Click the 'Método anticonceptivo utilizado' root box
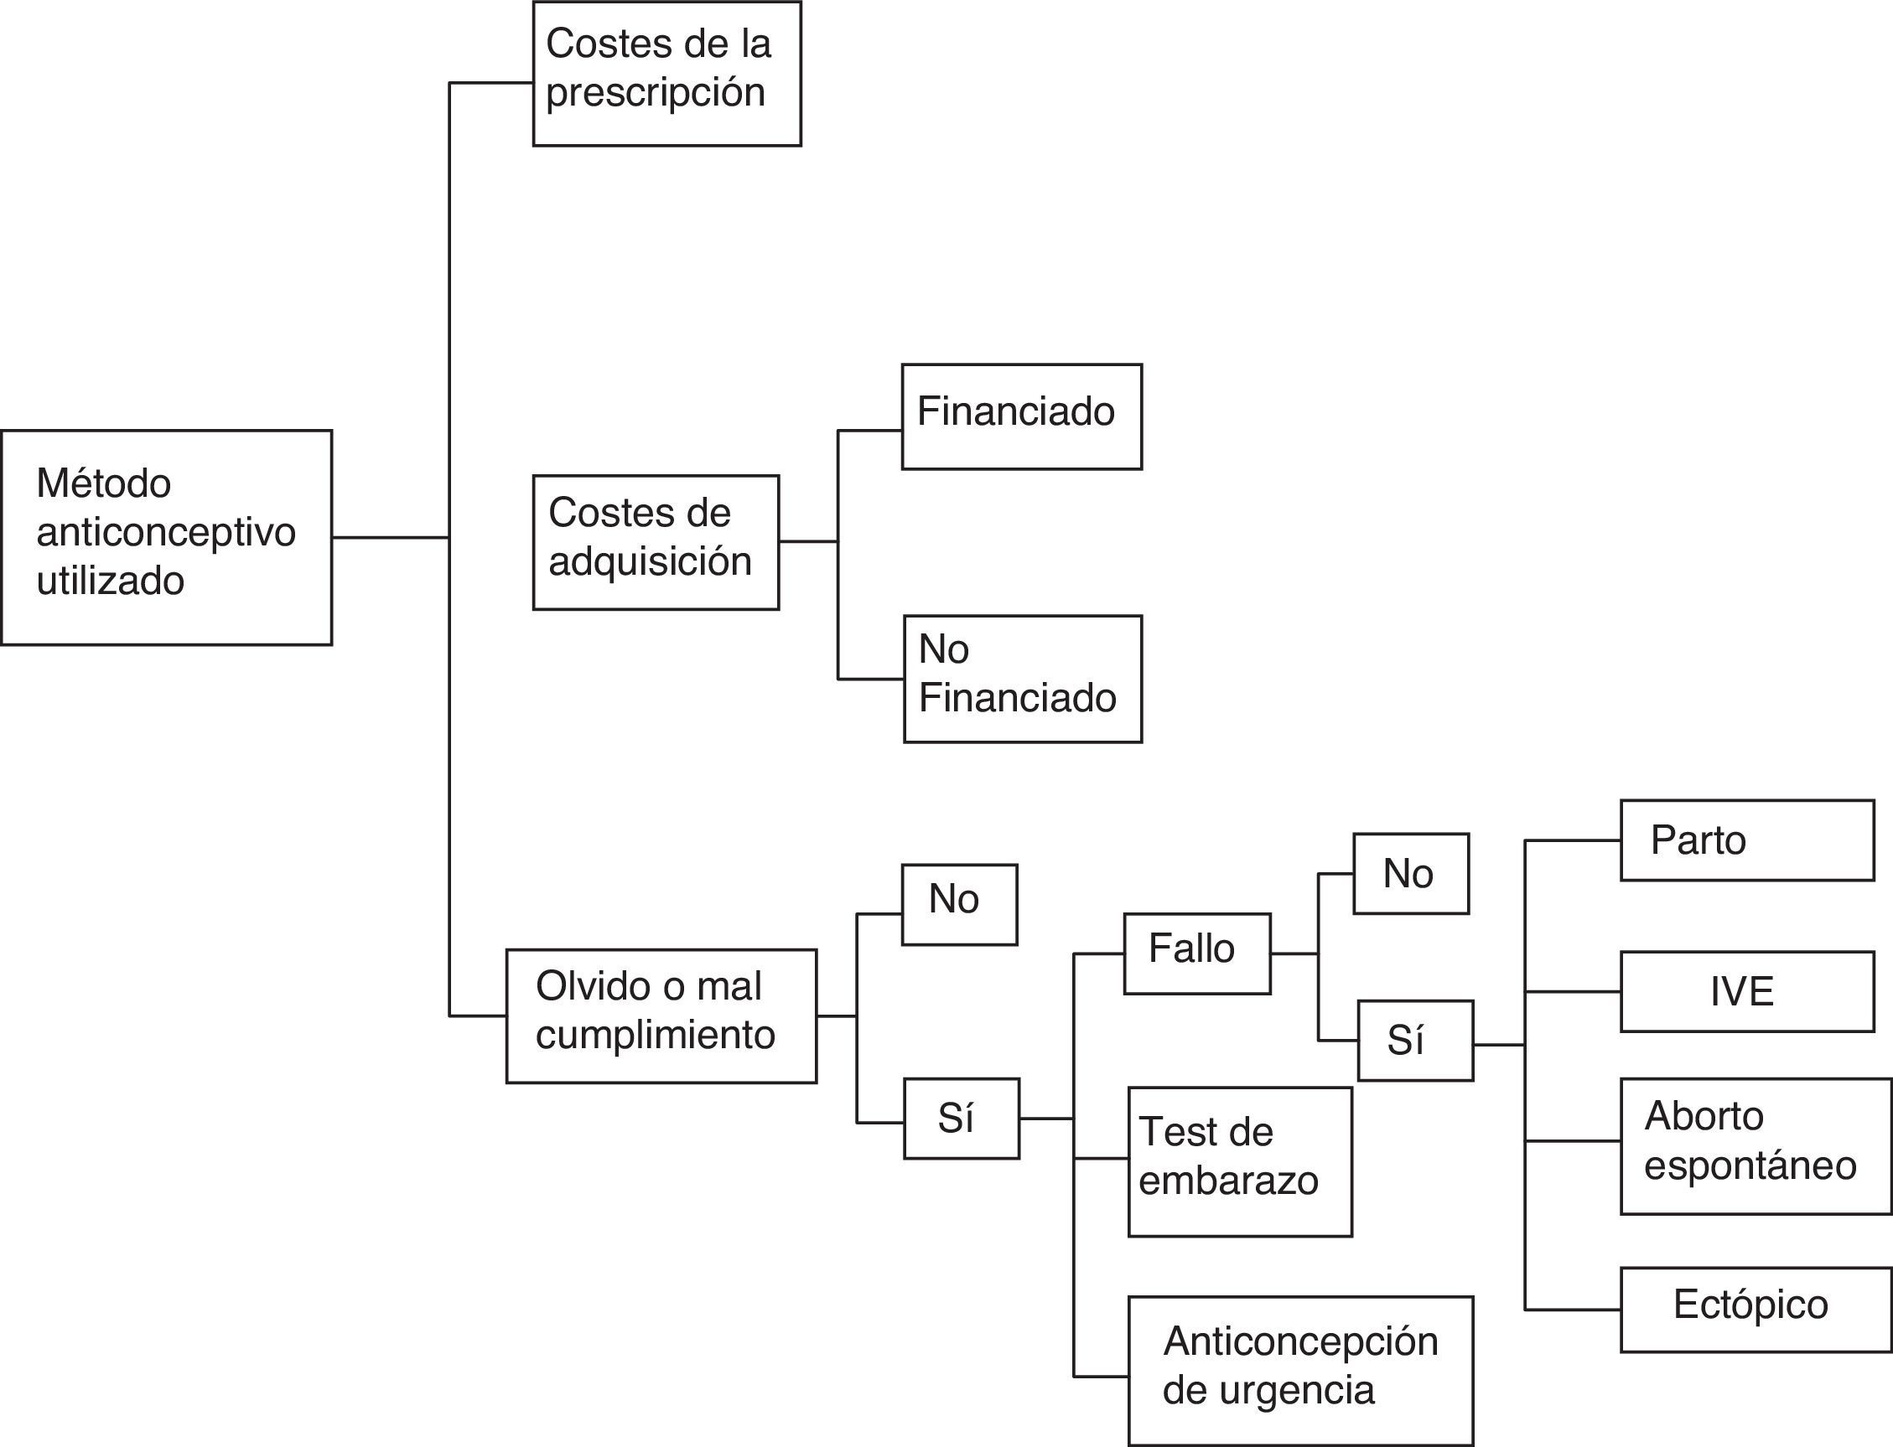point(166,537)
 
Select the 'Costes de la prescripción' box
point(666,74)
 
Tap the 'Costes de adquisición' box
point(656,542)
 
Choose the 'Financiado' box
point(1022,417)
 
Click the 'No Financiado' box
point(1023,679)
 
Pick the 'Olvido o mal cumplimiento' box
point(661,1015)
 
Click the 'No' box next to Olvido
point(959,904)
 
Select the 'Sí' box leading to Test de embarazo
point(961,1118)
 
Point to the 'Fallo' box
point(1197,953)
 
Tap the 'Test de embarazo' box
point(1240,1162)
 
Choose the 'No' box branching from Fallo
point(1410,873)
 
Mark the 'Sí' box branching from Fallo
point(1415,1041)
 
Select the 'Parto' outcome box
point(1746,840)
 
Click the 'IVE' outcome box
point(1746,991)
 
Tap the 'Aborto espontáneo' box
point(1756,1145)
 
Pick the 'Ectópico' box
point(1756,1310)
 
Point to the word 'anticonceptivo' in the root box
point(166,532)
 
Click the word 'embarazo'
point(1228,1181)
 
